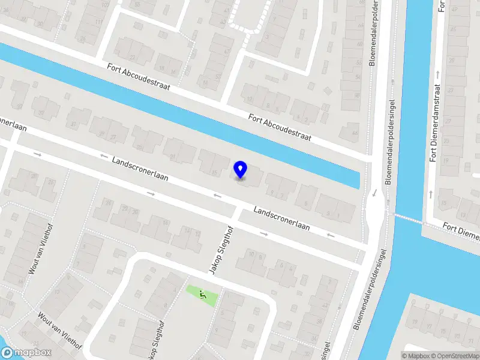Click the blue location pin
241,169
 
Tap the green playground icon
203,295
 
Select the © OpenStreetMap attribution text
449,356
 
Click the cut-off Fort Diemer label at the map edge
461,230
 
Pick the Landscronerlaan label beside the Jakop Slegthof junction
281,219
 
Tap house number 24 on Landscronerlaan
108,203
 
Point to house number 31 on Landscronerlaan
73,125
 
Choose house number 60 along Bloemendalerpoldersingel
359,44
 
